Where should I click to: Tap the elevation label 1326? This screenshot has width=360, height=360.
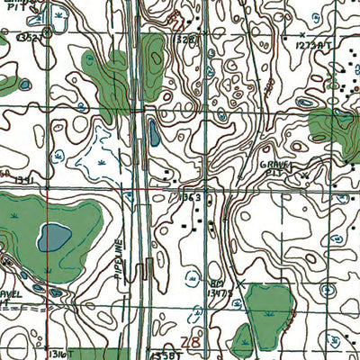tap(183, 40)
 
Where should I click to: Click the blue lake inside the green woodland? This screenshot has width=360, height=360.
tap(54, 238)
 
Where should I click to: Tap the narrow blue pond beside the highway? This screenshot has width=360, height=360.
tap(154, 135)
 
